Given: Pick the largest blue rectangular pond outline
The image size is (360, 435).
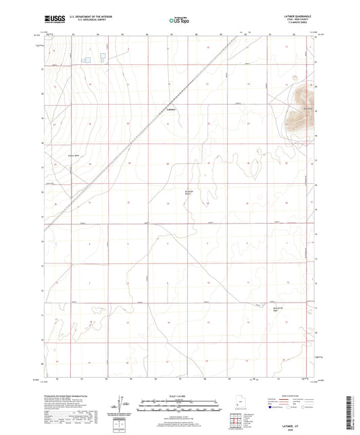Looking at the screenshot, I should (x=103, y=57).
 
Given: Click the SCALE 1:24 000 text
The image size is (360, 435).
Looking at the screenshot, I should (x=179, y=396).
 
